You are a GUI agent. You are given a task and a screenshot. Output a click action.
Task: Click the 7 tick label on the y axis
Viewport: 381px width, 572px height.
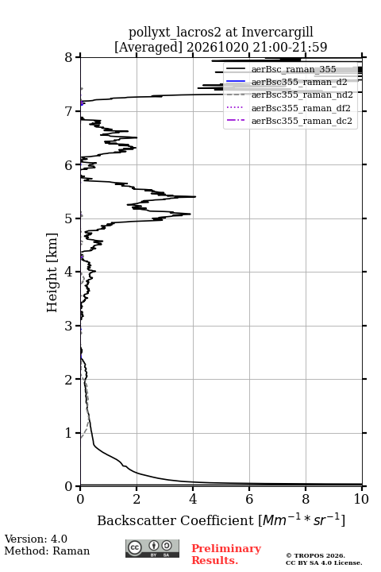tap(69, 111)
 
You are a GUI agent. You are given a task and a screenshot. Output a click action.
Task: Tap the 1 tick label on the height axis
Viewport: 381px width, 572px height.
tap(69, 433)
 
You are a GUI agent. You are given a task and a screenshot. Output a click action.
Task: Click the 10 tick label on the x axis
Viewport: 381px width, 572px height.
tap(361, 499)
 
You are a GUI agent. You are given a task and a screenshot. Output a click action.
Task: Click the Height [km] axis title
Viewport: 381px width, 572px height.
tap(52, 272)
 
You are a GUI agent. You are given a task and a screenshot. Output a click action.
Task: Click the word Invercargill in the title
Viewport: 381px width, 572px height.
tap(278, 33)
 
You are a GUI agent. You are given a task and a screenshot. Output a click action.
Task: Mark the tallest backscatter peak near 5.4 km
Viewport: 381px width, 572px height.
tap(195, 197)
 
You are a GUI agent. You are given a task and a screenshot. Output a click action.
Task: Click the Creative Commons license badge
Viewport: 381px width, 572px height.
tap(152, 548)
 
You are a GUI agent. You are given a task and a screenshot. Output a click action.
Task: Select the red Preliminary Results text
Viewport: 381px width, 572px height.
tap(226, 555)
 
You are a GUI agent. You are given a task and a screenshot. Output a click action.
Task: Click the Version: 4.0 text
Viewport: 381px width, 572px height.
tap(36, 539)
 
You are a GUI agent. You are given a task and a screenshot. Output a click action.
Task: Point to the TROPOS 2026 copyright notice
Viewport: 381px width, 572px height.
tap(316, 555)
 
